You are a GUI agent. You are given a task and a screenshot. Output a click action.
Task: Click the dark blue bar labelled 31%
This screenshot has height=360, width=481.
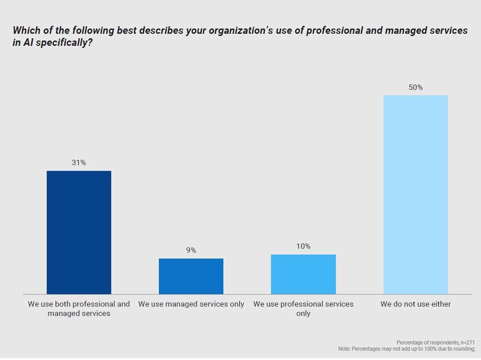(x=79, y=232)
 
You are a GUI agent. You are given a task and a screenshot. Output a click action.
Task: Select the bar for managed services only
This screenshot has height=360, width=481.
(x=191, y=276)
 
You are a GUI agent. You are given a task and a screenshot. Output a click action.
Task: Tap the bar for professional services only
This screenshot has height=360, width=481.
(x=303, y=274)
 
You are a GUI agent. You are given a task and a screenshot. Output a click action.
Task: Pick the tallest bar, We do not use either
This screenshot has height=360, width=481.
(x=416, y=194)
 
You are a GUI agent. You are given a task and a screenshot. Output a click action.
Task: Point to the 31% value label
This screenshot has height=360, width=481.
(x=79, y=163)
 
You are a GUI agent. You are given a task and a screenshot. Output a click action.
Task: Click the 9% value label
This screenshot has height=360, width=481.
(x=191, y=251)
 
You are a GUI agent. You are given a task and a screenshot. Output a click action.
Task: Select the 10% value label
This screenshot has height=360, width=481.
(x=303, y=247)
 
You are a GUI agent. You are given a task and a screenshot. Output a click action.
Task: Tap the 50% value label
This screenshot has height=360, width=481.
(x=416, y=88)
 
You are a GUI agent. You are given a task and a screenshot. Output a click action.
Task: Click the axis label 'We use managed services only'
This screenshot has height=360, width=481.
(x=191, y=304)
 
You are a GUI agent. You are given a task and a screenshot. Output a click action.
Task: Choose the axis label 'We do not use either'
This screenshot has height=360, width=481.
(x=416, y=304)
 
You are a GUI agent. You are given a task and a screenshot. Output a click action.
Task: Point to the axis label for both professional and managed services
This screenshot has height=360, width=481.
(x=79, y=309)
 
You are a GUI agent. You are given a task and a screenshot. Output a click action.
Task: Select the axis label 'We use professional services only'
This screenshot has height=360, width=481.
(x=303, y=309)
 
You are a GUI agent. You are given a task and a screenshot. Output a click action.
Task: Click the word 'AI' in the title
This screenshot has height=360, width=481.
(x=26, y=44)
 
